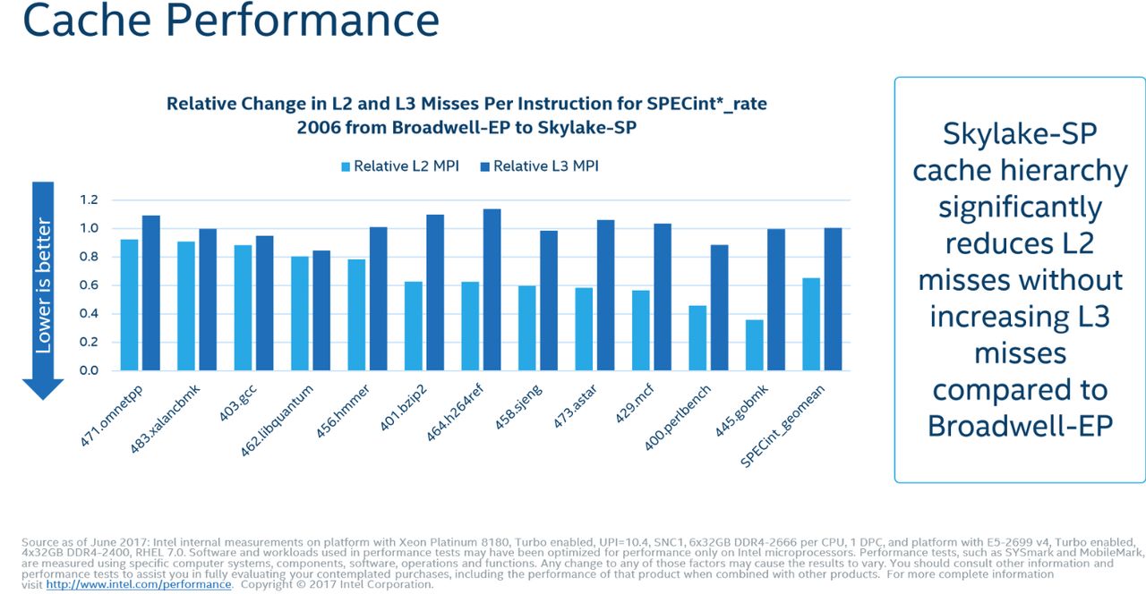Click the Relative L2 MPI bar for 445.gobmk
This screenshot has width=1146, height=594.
pos(754,345)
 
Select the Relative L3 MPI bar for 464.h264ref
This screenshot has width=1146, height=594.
pos(492,290)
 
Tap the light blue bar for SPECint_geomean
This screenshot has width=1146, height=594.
pos(811,324)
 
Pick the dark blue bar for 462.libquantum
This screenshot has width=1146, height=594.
pos(321,310)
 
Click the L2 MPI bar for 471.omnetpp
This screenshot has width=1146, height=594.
pos(129,305)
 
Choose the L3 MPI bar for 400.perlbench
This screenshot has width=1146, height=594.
pos(719,308)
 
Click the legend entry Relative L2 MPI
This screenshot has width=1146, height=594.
pos(400,166)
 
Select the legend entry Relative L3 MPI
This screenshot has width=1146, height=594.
pos(539,166)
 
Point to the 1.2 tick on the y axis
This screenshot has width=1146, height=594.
pos(89,199)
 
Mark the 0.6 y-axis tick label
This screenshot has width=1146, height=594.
pos(89,285)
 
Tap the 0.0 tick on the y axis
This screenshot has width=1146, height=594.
pos(89,370)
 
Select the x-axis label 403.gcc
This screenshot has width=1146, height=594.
pos(238,403)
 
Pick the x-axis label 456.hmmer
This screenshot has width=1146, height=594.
pos(342,412)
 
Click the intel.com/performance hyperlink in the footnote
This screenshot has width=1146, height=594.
pos(139,584)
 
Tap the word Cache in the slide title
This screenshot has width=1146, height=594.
pos(87,21)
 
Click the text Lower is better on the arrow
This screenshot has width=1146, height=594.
pos(43,285)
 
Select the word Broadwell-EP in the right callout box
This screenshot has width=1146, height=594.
pos(1020,426)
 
